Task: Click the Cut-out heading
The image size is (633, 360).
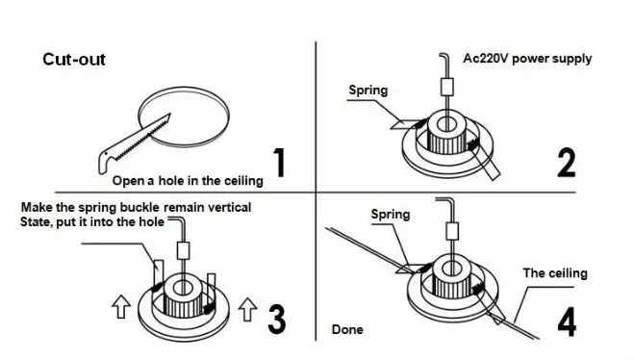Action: (74, 60)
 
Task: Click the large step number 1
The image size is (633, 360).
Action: (279, 162)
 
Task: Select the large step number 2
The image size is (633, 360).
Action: (566, 163)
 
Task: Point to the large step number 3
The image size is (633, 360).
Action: (276, 319)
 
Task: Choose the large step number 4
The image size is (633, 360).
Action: (567, 321)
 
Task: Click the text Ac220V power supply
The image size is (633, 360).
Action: (527, 59)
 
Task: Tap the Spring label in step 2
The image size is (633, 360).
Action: (368, 90)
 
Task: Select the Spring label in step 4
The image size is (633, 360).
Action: (391, 215)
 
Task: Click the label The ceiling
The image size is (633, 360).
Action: (555, 273)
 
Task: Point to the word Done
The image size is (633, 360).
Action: (347, 330)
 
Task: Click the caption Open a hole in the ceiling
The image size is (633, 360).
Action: (188, 181)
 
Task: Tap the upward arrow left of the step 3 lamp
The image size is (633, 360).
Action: (121, 306)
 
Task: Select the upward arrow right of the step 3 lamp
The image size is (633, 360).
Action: (247, 309)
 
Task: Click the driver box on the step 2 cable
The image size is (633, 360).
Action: (446, 87)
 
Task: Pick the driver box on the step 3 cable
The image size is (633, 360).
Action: (184, 250)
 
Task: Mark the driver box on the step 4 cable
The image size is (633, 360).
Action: (452, 232)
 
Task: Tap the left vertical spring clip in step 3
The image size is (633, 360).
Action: (158, 271)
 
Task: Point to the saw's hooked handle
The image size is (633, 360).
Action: (104, 161)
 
